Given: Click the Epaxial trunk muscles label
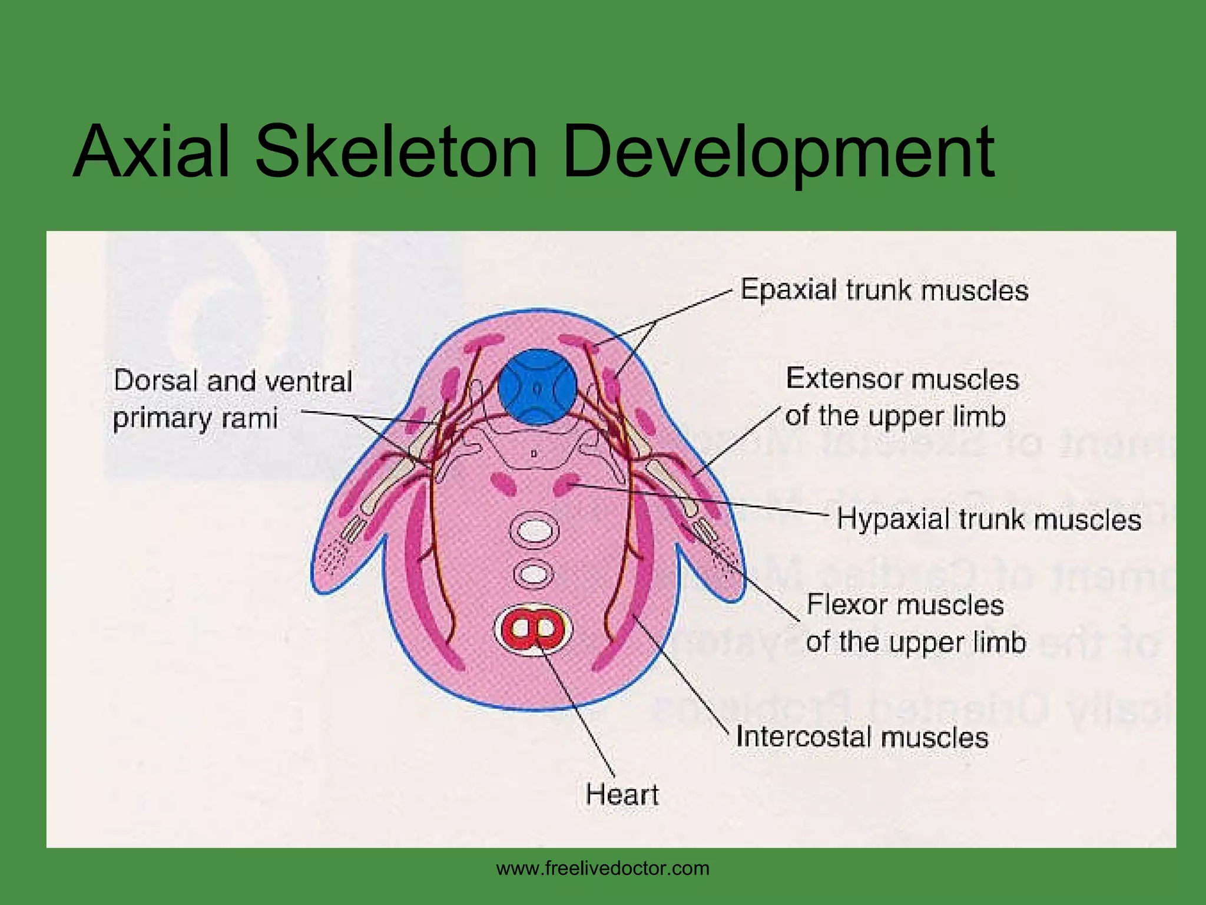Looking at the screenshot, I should click(884, 290).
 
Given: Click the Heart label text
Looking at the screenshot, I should click(622, 794).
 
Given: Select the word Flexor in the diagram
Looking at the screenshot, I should click(846, 605).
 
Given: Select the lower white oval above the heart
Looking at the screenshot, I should click(534, 573).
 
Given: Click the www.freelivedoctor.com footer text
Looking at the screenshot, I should click(603, 868).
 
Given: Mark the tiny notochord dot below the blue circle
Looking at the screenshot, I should click(533, 454).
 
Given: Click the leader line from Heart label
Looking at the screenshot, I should click(580, 713).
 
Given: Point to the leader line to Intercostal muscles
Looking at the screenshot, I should click(683, 678).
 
